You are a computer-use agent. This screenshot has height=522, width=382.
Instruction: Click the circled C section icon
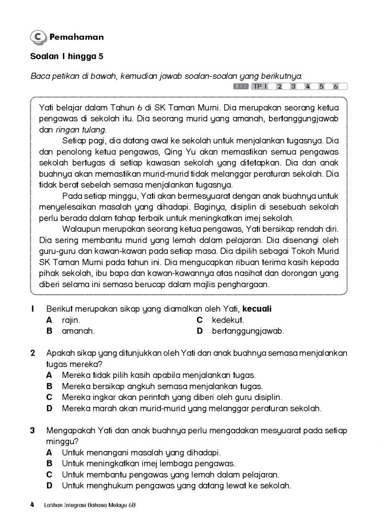(x=38, y=37)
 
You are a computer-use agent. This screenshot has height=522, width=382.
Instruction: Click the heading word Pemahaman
(x=76, y=37)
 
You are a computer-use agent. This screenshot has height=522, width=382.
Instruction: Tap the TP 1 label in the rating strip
(x=260, y=87)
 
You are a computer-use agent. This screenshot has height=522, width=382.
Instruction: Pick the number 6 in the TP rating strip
(x=336, y=87)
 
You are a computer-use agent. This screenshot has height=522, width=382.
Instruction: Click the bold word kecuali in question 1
(x=256, y=309)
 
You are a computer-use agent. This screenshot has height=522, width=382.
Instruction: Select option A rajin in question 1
(x=71, y=319)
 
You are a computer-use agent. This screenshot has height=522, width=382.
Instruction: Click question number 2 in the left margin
(x=32, y=353)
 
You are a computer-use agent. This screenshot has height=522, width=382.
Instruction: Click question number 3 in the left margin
(x=32, y=431)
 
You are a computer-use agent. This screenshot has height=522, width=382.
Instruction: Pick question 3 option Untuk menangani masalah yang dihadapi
(x=141, y=452)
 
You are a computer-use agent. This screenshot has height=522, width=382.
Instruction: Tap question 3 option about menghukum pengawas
(x=176, y=486)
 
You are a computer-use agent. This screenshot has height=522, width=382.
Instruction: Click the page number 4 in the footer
(x=32, y=505)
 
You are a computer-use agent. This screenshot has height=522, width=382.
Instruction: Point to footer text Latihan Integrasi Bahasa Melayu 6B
(x=90, y=505)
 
